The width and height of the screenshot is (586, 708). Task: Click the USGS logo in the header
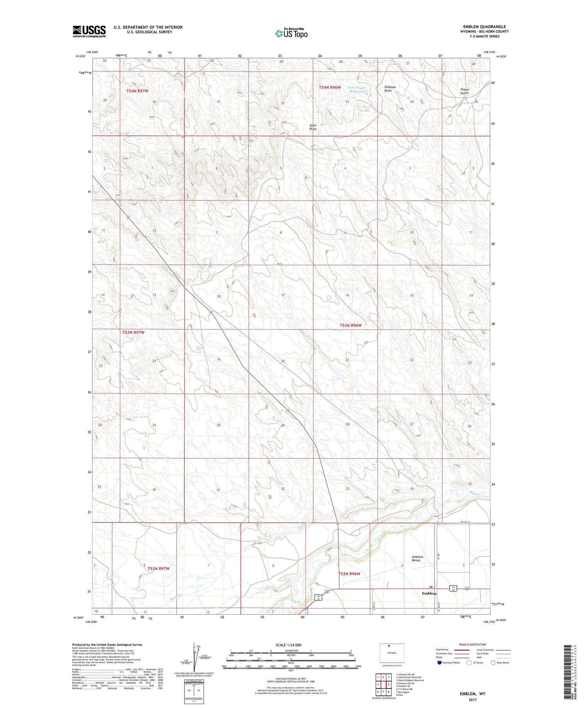point(89,31)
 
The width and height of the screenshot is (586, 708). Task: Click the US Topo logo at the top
point(291,34)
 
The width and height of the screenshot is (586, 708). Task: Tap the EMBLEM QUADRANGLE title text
point(484,27)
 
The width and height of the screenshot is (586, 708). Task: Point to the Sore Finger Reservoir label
point(357,89)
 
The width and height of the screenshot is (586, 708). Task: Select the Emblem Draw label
point(390,89)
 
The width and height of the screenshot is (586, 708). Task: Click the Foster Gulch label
point(464,91)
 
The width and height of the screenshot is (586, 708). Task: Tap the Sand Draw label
point(313,127)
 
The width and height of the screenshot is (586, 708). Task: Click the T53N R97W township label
point(133,332)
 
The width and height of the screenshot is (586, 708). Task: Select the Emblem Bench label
point(417,558)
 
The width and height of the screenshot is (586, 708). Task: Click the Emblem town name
point(429,593)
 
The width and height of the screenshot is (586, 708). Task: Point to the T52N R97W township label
point(159,569)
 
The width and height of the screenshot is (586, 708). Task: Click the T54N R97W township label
point(137,91)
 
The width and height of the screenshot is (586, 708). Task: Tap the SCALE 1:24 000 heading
point(291,645)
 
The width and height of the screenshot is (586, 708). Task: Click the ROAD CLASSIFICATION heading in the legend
point(473,644)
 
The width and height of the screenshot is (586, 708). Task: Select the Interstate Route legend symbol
point(439,663)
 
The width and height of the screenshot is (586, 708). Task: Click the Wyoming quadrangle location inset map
point(391,653)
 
